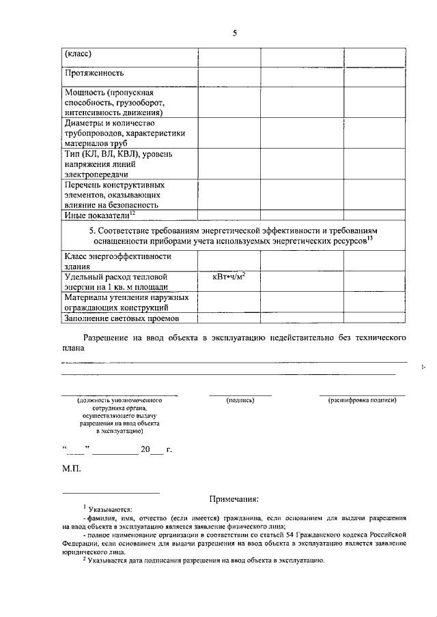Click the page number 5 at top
pos(234,32)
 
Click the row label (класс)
pos(79,54)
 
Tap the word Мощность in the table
pos(85,92)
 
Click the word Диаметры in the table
pos(86,123)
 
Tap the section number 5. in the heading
pos(91,231)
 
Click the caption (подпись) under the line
pos(240,400)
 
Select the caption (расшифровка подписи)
pos(362,400)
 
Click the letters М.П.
pos(71,470)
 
